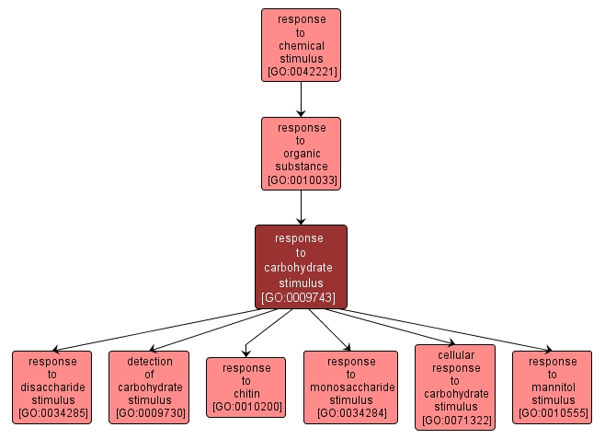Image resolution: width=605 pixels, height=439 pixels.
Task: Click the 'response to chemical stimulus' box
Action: [x=301, y=45]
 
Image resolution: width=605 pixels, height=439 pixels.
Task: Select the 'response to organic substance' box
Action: [x=301, y=153]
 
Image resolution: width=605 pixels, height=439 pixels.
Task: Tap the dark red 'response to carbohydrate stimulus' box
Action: [x=301, y=267]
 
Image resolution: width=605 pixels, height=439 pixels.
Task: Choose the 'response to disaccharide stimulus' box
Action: [x=51, y=387]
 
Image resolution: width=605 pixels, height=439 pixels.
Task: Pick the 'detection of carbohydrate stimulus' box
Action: [x=149, y=387]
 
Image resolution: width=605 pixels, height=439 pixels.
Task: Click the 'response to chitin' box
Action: [x=246, y=387]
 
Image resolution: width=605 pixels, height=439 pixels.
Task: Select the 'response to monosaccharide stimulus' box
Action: [x=350, y=387]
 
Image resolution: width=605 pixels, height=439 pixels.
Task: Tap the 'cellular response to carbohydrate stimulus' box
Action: [x=455, y=387]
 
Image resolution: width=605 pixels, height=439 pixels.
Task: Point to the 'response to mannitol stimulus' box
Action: [x=552, y=387]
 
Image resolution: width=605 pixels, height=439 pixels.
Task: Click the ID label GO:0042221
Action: [x=301, y=71]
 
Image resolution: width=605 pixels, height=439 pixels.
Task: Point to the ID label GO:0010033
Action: [x=301, y=179]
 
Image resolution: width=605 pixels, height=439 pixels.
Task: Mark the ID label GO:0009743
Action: [x=301, y=297]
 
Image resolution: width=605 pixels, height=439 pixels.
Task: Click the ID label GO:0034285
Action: [x=51, y=413]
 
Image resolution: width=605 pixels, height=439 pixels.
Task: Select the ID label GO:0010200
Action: [x=246, y=407]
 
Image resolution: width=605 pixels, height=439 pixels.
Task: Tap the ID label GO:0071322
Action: [x=455, y=420]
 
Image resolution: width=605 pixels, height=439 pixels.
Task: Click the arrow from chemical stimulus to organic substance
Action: [x=301, y=99]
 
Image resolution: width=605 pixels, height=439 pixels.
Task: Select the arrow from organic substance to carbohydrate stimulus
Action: [x=301, y=207]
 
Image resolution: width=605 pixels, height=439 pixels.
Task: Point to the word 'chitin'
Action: [x=246, y=394]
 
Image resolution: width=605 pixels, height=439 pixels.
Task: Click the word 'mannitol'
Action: [x=552, y=387]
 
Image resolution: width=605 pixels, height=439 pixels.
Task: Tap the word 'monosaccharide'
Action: [x=350, y=387]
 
